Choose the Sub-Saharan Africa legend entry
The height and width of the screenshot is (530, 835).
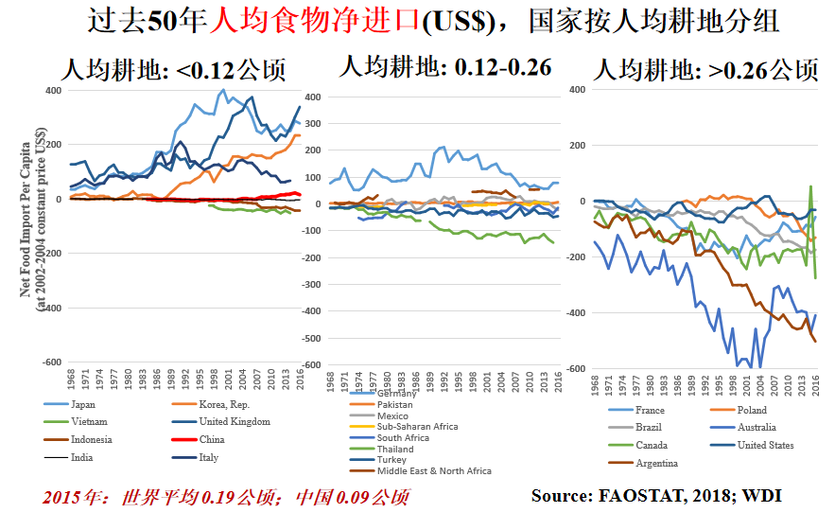pos(416,427)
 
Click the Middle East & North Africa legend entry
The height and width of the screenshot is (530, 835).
pos(433,470)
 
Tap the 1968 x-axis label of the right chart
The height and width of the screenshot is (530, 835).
pos(595,384)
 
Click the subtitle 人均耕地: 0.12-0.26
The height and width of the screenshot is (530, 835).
pos(444,66)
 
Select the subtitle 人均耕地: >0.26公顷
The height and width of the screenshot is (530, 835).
pos(705,70)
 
